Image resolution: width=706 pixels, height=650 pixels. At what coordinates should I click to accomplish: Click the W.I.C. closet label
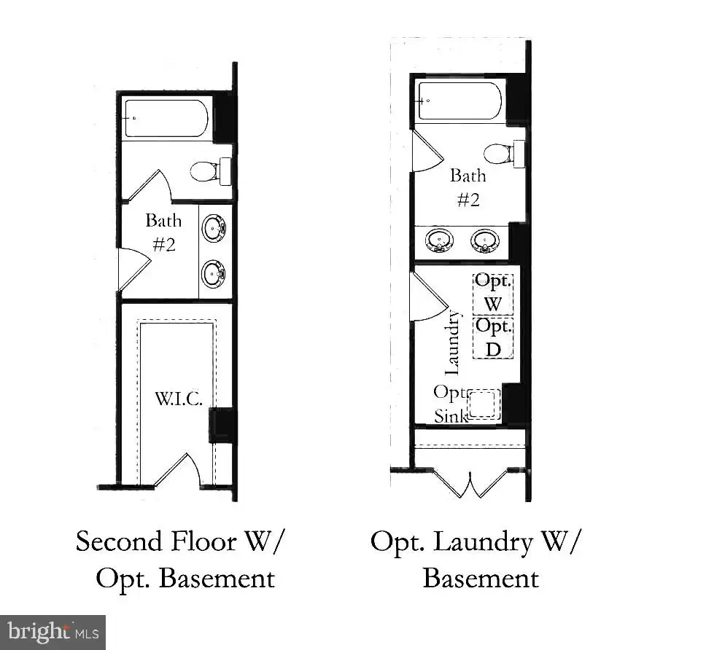coord(178,399)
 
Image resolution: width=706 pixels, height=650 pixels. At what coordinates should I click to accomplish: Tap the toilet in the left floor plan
coord(210,171)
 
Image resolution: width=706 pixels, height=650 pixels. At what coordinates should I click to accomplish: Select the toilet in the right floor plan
coord(504,154)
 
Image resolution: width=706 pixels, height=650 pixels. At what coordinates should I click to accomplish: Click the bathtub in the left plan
coord(166,118)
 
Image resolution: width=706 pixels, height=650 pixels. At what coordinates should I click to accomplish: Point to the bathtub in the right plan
coord(459,101)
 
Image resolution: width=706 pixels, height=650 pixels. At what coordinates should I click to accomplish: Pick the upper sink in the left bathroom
coord(213,229)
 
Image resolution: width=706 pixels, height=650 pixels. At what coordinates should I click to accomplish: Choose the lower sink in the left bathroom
coord(213,273)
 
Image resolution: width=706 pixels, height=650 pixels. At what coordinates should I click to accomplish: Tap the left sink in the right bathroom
coord(439,240)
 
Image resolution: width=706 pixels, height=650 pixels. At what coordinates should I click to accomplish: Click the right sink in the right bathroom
coord(485,240)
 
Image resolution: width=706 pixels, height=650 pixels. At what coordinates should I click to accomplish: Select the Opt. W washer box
coord(493,294)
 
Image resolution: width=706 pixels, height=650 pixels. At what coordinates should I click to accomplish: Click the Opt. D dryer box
coord(493,338)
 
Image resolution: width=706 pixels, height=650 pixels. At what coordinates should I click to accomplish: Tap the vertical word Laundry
coord(451,342)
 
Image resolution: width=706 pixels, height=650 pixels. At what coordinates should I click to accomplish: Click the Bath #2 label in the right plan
coord(468,187)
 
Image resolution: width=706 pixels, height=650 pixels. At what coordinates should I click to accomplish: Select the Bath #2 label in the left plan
coord(163,232)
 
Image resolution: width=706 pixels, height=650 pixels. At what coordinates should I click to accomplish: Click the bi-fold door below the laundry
coord(470,484)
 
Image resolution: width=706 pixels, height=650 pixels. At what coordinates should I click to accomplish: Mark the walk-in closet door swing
coord(178,470)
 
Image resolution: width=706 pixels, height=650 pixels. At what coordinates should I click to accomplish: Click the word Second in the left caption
coord(119,541)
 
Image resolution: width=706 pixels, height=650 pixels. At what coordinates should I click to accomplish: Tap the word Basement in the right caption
coord(481,578)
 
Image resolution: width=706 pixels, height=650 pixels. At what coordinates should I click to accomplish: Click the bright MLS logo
coord(53,633)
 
